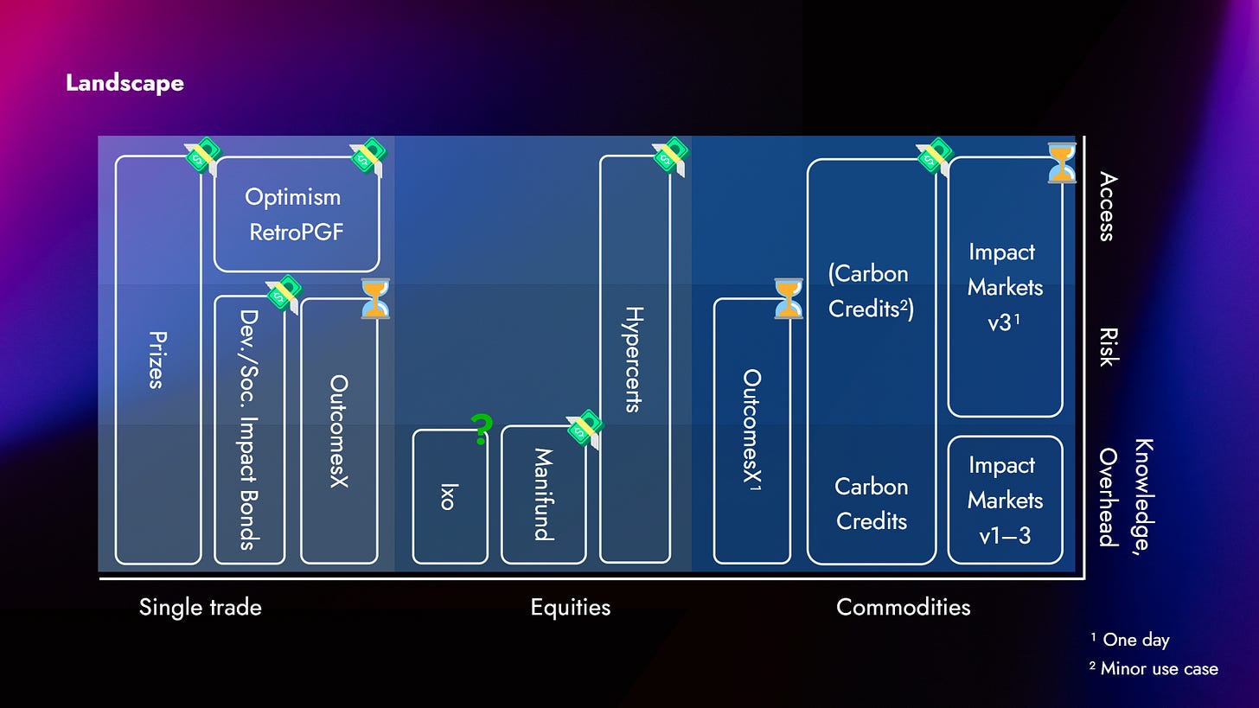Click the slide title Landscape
pos(125,83)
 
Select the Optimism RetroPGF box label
pos(295,214)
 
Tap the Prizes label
pos(158,360)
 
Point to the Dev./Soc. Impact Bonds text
pos(250,430)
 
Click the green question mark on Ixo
pos(482,430)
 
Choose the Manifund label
pos(544,494)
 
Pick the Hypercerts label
pos(635,360)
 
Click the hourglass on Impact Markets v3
pos(1062,163)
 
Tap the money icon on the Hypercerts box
pos(670,156)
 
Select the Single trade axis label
pos(200,608)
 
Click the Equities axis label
pos(571,608)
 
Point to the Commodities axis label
pos(904,608)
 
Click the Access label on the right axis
pos(1108,207)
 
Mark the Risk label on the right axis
pos(1109,348)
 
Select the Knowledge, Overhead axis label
pos(1126,494)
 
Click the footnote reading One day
pos(1130,640)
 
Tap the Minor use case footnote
pos(1154,669)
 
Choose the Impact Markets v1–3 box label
pos(1005,500)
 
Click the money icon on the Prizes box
pos(203,156)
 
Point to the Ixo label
pos(448,497)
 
